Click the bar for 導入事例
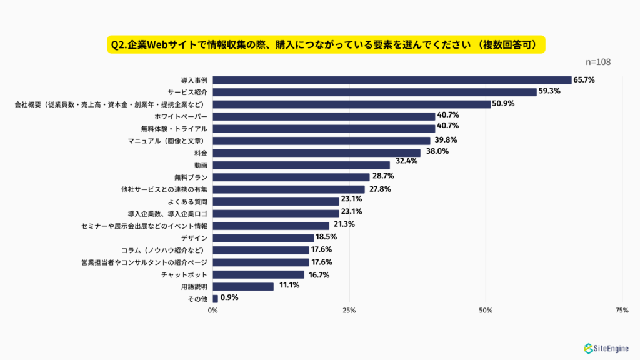click(x=392, y=80)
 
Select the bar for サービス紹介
click(x=374, y=92)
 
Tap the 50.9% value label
click(x=502, y=104)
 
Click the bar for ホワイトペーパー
click(x=324, y=116)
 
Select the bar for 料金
click(x=316, y=152)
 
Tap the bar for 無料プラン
click(x=291, y=177)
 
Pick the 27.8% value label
click(x=379, y=189)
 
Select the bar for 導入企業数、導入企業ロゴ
click(x=276, y=214)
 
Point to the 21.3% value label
click(x=343, y=225)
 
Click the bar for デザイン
click(x=263, y=238)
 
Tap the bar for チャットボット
click(x=258, y=274)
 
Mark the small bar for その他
click(x=216, y=299)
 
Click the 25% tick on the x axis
click(x=349, y=311)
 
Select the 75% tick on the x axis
click(x=622, y=311)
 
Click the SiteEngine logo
click(x=606, y=348)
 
